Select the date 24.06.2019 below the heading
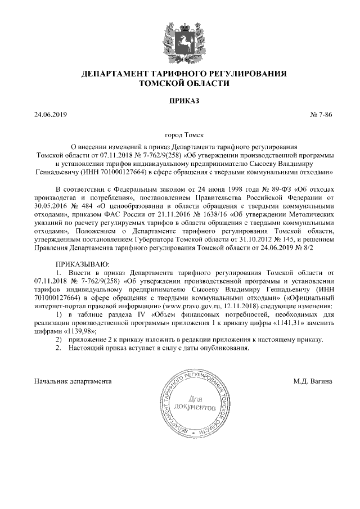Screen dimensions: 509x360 tap(51, 115)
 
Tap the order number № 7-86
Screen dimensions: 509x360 tap(322, 115)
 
